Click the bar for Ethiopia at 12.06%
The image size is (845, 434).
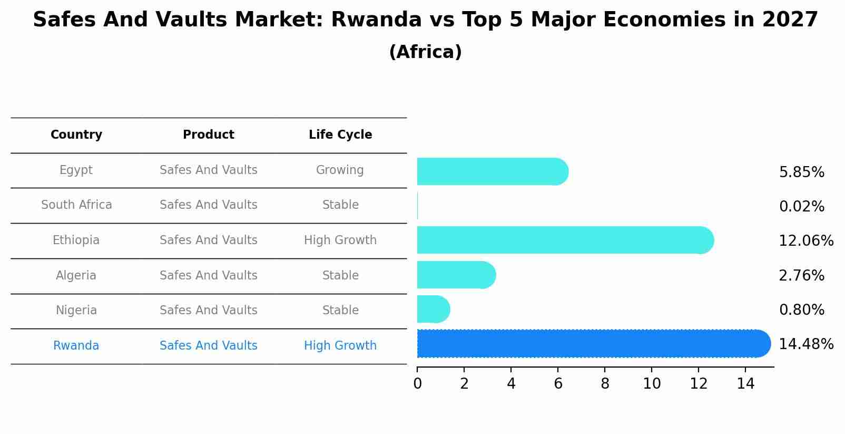564,240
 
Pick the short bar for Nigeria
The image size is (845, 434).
433,309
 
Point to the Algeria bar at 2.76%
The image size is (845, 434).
456,275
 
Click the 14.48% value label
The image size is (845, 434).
805,344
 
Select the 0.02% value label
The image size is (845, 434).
801,207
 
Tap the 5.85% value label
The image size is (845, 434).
801,172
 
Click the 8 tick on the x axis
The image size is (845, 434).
605,384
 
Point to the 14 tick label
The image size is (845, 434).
745,384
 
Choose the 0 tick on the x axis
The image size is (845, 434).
418,384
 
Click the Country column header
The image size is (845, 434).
76,135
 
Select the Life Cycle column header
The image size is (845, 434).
340,135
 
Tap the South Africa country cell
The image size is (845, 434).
76,205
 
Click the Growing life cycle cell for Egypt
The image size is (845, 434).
340,170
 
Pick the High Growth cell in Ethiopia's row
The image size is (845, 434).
340,240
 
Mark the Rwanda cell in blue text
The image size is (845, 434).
76,346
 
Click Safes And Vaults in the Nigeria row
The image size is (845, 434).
209,311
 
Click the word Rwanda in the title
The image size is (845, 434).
376,20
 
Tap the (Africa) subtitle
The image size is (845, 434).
425,52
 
